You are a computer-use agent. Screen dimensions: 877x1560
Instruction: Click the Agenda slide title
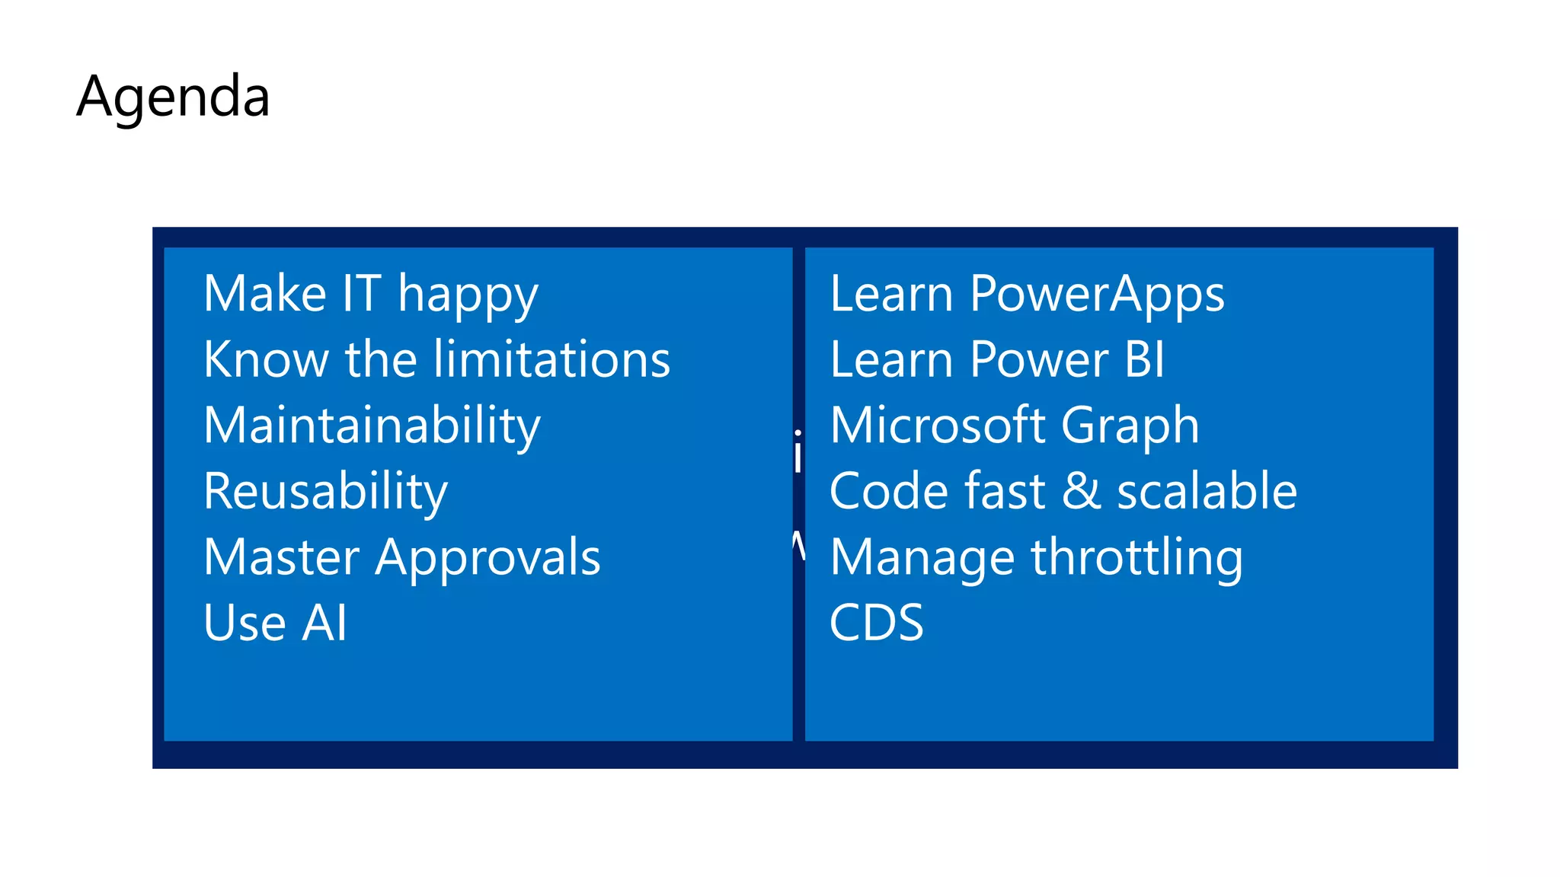click(x=173, y=97)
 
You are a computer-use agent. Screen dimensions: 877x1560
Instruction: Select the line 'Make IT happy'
click(x=370, y=295)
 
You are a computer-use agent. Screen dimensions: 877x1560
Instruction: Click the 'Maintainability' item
click(x=372, y=426)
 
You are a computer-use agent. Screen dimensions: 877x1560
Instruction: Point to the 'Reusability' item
click(x=325, y=492)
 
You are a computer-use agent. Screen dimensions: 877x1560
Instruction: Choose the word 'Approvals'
click(x=487, y=558)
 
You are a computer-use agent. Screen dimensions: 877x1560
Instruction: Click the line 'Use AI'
click(x=275, y=623)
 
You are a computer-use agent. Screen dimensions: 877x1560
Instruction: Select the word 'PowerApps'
click(x=1097, y=295)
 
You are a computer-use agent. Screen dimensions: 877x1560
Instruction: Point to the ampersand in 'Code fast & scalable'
click(x=1081, y=491)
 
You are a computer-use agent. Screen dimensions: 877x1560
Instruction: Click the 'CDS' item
click(x=876, y=623)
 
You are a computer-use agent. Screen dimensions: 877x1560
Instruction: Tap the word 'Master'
click(x=281, y=557)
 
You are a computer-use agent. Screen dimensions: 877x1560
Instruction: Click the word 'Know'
click(x=266, y=359)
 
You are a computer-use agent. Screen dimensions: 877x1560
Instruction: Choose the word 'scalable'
click(x=1207, y=491)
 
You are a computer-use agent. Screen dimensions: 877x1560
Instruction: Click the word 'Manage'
click(x=922, y=558)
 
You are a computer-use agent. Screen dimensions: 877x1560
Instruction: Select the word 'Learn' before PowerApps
click(x=891, y=294)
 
